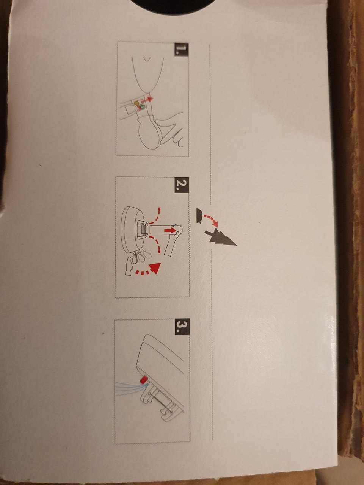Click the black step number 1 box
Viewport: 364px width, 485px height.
pos(182,50)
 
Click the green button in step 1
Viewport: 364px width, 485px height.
pos(143,108)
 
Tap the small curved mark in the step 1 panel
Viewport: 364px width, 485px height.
pos(147,58)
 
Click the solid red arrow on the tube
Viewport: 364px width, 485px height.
pos(170,230)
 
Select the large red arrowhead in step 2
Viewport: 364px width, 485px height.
pos(155,268)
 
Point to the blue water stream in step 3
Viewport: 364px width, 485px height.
pos(130,386)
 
